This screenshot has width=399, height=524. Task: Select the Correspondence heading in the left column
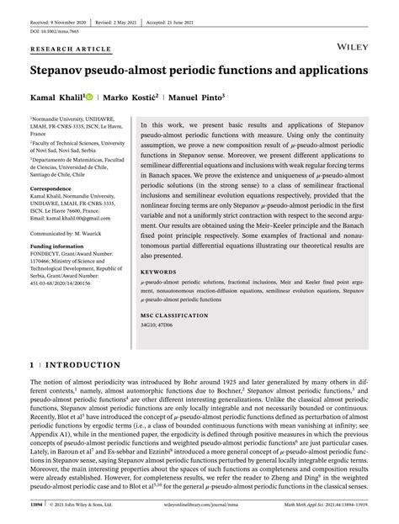pyautogui.click(x=51, y=190)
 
